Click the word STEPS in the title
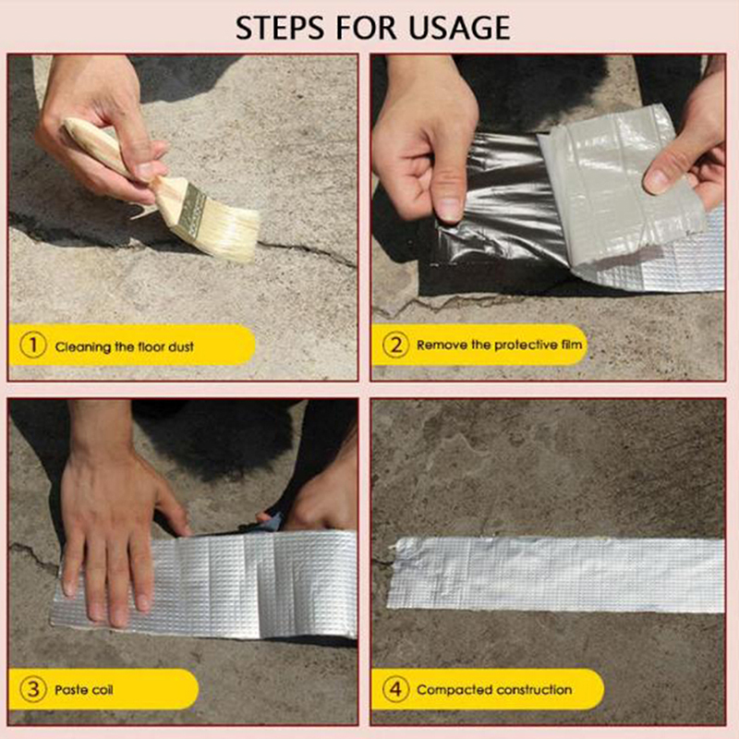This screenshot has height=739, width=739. tap(280, 28)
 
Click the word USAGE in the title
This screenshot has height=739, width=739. tap(459, 28)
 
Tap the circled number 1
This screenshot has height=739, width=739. tap(33, 345)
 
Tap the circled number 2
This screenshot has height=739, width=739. tap(395, 345)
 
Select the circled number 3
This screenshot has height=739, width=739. tap(33, 689)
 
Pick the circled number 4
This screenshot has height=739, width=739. tap(395, 689)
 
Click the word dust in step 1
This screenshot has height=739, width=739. tap(181, 347)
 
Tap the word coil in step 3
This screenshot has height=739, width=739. tap(103, 690)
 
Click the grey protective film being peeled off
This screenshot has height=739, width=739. tap(617, 184)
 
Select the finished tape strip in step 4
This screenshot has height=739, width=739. tap(556, 575)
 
